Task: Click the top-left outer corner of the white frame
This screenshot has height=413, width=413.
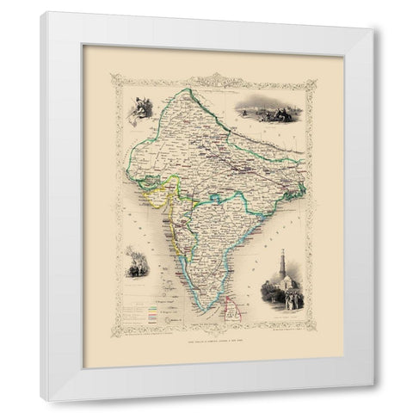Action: tap(41, 13)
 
